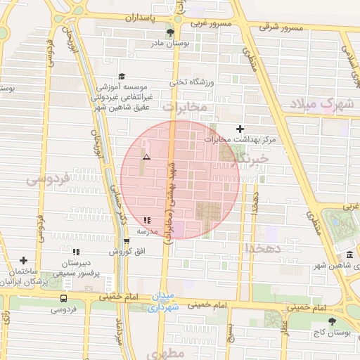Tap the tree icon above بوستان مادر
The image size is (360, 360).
click(x=169, y=32)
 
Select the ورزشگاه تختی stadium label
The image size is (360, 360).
click(x=186, y=82)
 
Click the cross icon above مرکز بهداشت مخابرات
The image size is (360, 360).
click(x=240, y=128)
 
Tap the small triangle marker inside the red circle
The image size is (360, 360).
click(x=146, y=156)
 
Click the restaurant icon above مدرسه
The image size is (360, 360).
click(x=147, y=220)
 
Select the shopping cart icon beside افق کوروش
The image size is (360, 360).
click(x=127, y=241)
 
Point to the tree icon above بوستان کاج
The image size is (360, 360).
click(x=332, y=321)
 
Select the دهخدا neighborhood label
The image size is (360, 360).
click(x=264, y=248)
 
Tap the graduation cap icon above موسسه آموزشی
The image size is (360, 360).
click(x=121, y=76)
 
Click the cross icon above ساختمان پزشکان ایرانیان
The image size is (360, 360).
click(x=24, y=260)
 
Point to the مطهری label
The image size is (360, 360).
click(x=167, y=352)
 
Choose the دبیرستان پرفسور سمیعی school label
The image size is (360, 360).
click(x=75, y=266)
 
